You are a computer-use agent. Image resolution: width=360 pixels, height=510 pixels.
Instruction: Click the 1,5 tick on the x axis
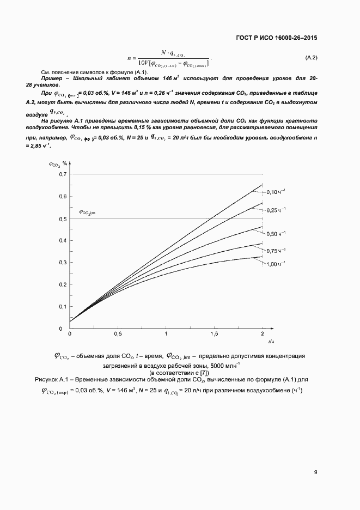[x=213, y=333]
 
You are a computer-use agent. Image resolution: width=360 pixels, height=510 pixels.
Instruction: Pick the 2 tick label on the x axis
[x=262, y=333]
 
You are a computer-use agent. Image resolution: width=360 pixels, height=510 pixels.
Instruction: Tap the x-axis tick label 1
[x=166, y=333]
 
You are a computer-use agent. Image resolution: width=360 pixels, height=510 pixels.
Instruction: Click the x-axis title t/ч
[x=270, y=342]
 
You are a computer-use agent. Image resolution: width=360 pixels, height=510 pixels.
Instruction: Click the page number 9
[x=315, y=472]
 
